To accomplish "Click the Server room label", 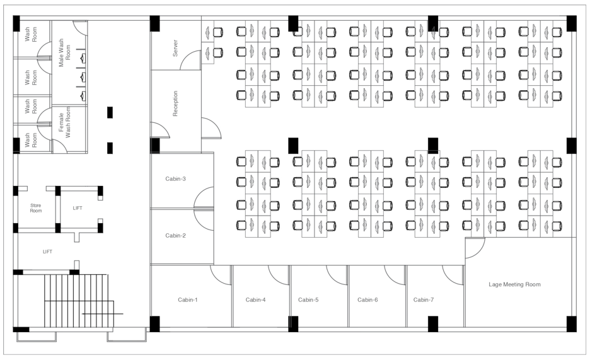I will click(175, 48).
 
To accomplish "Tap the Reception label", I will click(175, 103).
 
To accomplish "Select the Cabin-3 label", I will click(175, 179).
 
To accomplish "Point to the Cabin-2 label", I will click(175, 236).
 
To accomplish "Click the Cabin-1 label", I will click(187, 300).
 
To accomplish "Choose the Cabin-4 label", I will click(255, 300).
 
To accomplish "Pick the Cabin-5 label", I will click(308, 300).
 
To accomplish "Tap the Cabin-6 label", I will click(367, 300).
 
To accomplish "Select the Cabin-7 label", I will click(424, 300).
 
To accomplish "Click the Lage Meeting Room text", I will click(514, 285).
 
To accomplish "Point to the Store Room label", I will click(36, 209).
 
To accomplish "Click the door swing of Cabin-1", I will click(221, 274).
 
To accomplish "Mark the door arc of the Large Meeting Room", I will click(473, 249).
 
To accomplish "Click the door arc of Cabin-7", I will click(453, 274).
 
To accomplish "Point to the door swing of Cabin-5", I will click(337, 274).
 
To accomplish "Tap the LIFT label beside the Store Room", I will click(78, 208).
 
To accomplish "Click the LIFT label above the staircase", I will click(47, 252).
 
